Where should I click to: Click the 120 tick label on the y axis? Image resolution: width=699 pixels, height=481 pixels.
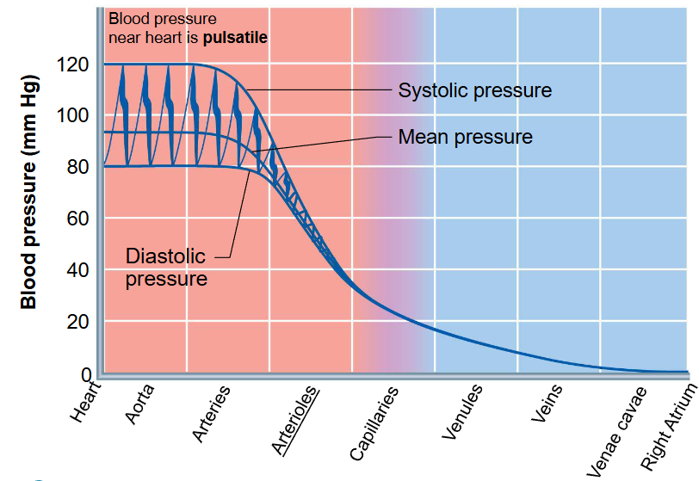[74, 65]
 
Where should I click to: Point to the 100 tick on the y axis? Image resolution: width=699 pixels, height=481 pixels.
[74, 115]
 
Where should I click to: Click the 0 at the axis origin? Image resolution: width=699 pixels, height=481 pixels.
[86, 373]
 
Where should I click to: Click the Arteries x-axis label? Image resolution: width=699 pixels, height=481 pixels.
[211, 413]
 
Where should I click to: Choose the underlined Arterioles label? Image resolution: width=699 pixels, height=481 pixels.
[295, 419]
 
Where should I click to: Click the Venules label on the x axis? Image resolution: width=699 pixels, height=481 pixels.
[462, 413]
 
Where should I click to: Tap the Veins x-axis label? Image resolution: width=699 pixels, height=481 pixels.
[547, 404]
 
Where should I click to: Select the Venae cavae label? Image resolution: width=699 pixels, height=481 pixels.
[613, 426]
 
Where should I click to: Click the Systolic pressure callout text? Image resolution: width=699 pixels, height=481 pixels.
[474, 90]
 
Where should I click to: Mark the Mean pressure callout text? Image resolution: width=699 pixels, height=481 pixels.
[465, 137]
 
